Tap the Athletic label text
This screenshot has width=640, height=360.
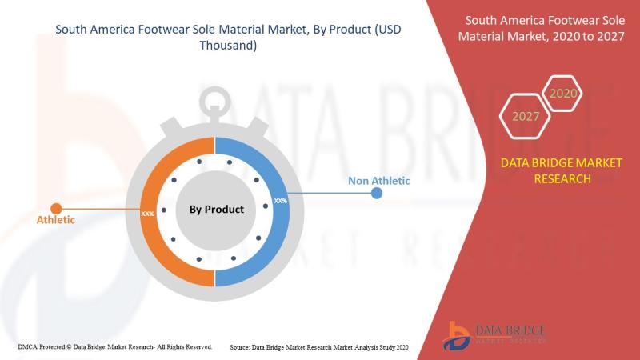(56, 220)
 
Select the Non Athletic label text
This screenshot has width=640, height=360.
(378, 181)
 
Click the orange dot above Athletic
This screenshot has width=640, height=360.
(56, 209)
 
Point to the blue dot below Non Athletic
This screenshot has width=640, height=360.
(377, 194)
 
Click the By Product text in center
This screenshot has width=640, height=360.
(216, 210)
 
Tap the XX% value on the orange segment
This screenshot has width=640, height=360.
(148, 214)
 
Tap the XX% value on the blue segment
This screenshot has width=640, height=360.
(281, 201)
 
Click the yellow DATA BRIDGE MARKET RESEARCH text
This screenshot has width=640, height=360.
(562, 170)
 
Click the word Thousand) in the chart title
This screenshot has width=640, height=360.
(228, 46)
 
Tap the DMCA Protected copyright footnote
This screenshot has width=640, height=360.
(114, 347)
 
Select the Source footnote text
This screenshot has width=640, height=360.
(318, 347)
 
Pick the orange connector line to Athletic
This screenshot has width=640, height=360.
(101, 209)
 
